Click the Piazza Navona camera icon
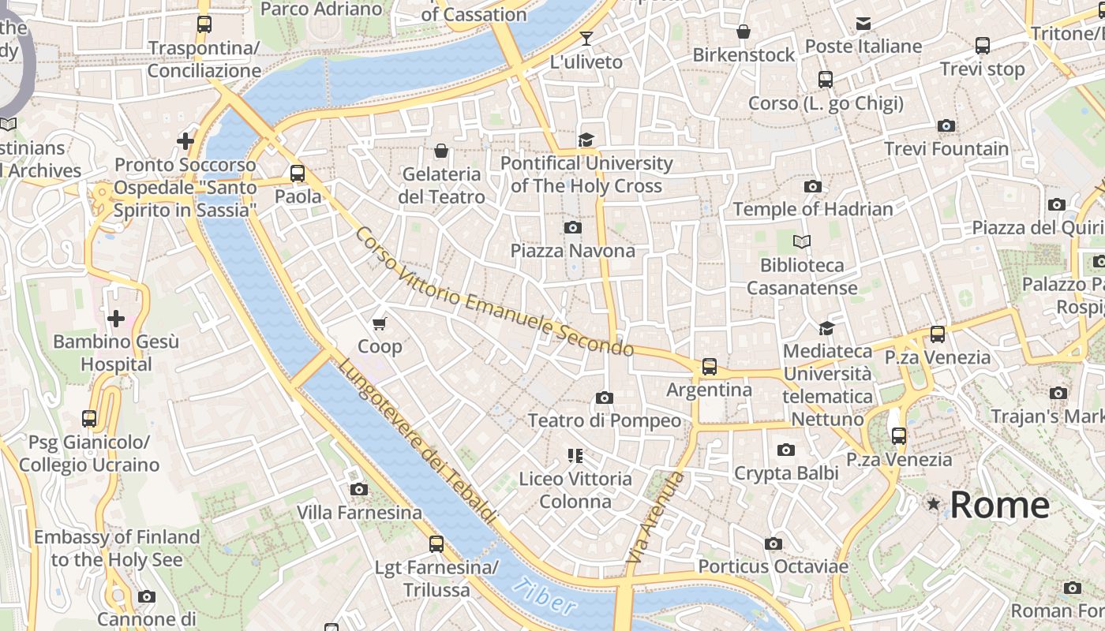[573, 228]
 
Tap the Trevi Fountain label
[946, 148]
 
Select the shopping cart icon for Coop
[380, 323]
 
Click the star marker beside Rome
[934, 503]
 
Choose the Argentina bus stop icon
[710, 367]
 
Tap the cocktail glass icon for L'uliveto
[586, 38]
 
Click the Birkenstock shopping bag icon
[744, 32]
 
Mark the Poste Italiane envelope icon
[863, 24]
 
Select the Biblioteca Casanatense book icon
[802, 242]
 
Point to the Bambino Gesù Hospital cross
[116, 319]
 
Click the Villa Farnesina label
[359, 513]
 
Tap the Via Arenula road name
[655, 517]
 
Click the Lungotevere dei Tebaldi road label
[418, 442]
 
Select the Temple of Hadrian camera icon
[812, 187]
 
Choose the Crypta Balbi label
[786, 473]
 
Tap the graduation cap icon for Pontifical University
[586, 140]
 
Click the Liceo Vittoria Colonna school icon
[575, 455]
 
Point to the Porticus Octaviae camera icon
[773, 543]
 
